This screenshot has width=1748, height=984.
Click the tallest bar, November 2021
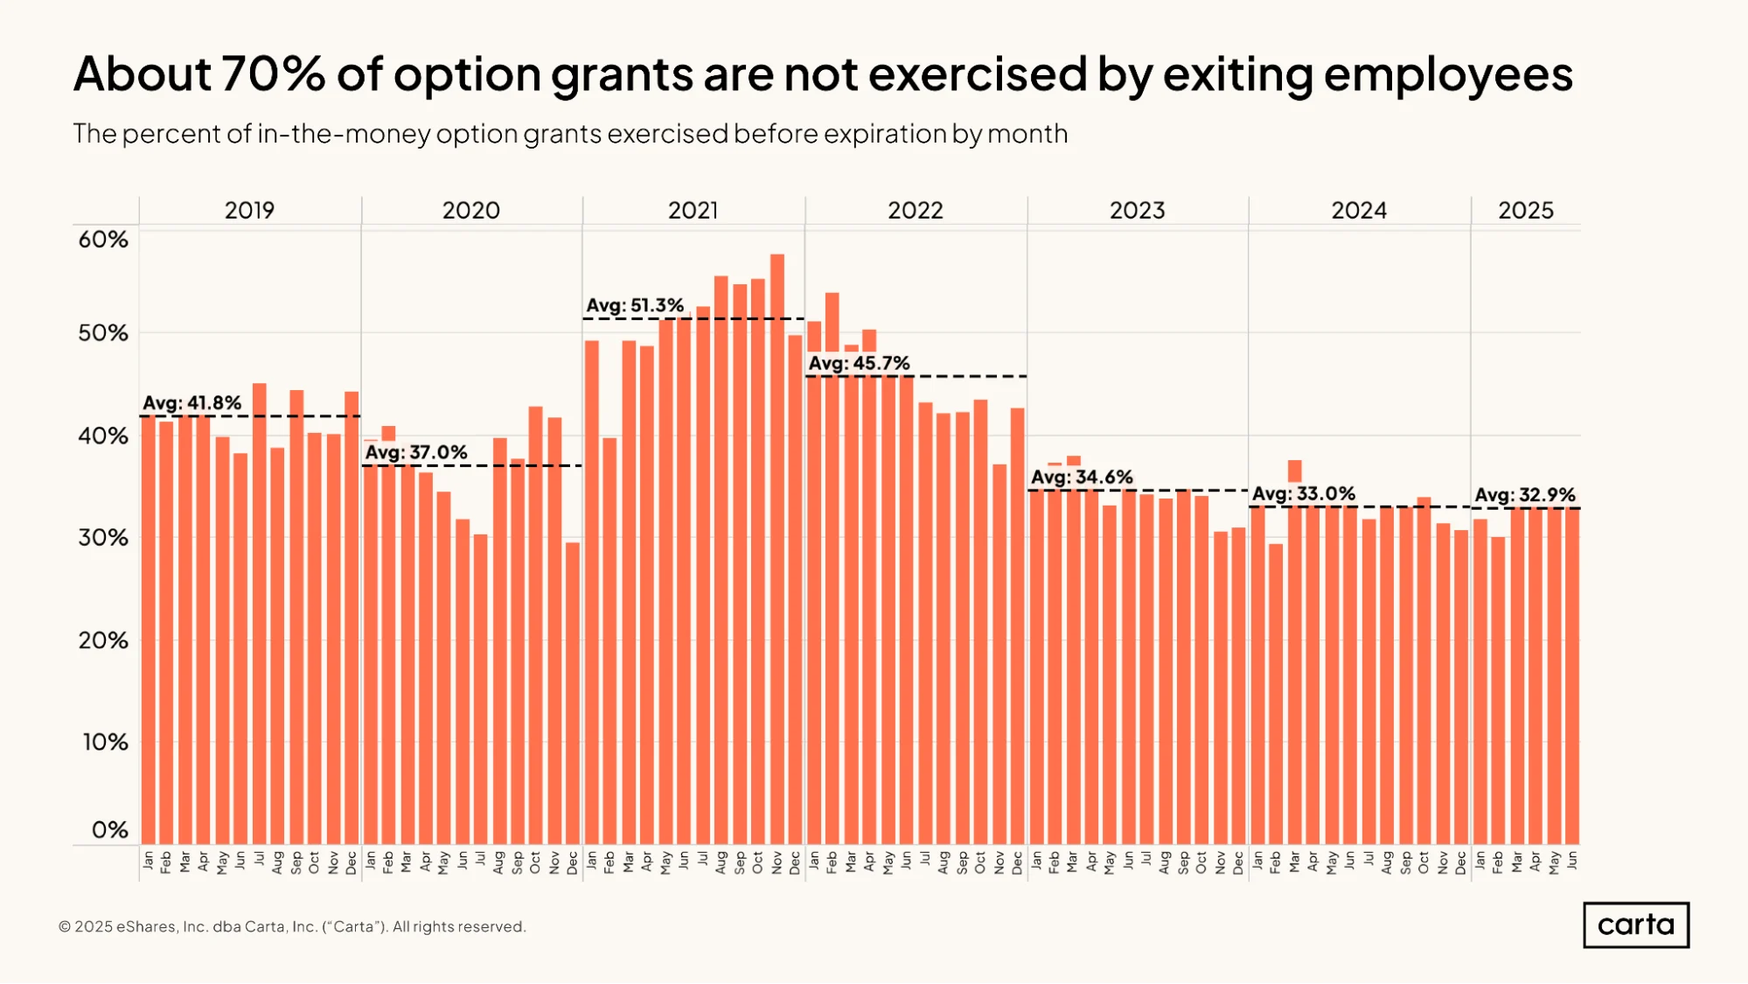[777, 549]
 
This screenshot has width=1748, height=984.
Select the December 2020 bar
[572, 694]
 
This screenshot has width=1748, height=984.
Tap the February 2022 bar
[832, 569]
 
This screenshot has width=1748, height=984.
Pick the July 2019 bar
[259, 614]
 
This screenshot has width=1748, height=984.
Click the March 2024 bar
[1294, 653]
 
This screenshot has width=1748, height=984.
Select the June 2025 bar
[1571, 676]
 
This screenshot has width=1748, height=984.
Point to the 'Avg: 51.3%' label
[635, 305]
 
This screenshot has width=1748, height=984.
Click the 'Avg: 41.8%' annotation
[192, 403]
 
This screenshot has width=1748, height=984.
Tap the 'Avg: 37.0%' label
[416, 452]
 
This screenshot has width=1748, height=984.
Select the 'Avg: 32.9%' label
[1525, 495]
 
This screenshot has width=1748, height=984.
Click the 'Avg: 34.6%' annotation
[1082, 477]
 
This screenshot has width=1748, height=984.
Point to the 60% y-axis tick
[103, 240]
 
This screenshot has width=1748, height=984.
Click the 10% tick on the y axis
[105, 743]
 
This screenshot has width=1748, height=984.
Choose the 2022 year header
[916, 211]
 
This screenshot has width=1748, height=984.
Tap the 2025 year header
[1526, 211]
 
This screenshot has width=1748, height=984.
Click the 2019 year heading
[249, 211]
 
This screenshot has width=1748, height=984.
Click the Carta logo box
[1636, 925]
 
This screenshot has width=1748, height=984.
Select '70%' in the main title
[273, 73]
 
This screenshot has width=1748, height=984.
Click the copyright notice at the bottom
[292, 927]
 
